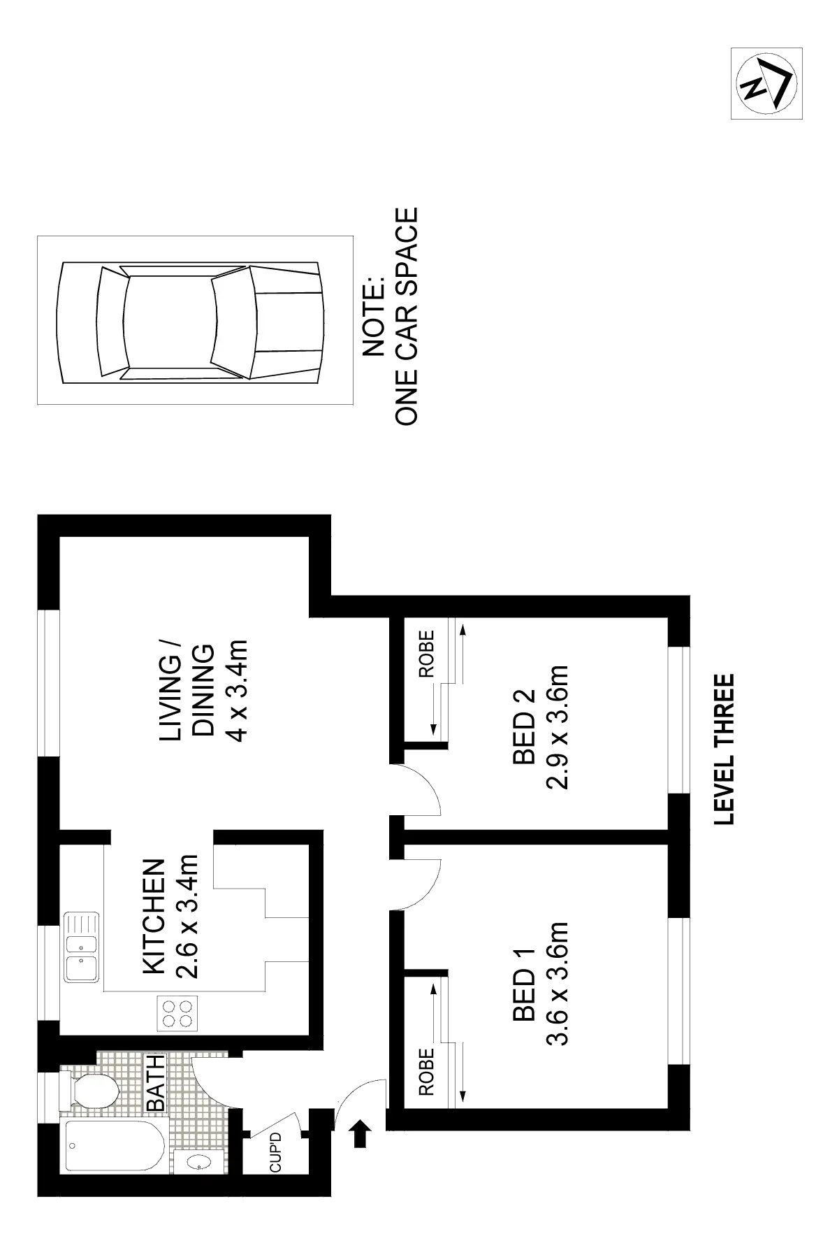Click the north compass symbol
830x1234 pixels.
[765, 84]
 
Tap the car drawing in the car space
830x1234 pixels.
[190, 322]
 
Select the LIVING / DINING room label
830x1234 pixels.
[202, 692]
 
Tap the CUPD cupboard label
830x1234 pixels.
[276, 1154]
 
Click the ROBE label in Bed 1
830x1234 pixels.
[427, 1070]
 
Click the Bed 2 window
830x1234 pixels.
[678, 720]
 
